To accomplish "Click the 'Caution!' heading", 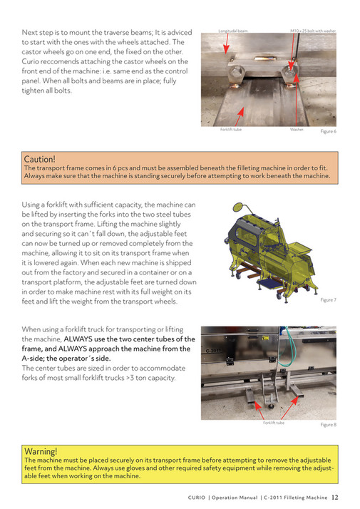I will pyautogui.click(x=39, y=158).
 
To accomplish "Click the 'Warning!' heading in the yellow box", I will pyautogui.click(x=41, y=451).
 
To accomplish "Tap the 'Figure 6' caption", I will pyautogui.click(x=328, y=131).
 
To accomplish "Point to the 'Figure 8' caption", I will pyautogui.click(x=328, y=424).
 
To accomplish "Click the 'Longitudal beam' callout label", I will pyautogui.click(x=232, y=31).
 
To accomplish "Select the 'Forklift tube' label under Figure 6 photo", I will pyautogui.click(x=231, y=130).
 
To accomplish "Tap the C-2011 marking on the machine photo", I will pyautogui.click(x=212, y=351).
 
